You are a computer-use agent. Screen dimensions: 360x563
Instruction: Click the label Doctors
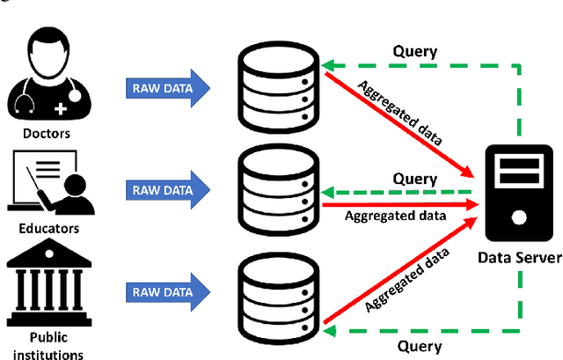[48, 133]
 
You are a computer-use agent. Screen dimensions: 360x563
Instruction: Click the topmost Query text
[414, 52]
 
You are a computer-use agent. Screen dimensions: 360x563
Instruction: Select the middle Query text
[414, 179]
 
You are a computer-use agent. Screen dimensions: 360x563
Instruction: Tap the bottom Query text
[419, 346]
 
